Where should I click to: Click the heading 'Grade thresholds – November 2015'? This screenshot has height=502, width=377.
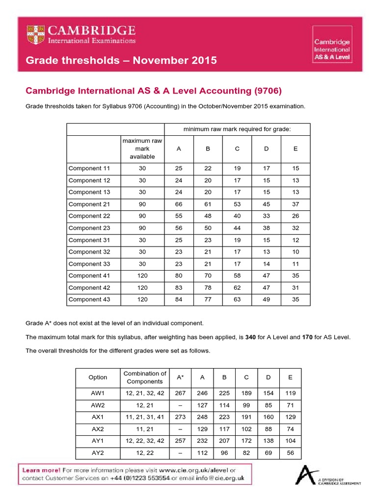click(121, 61)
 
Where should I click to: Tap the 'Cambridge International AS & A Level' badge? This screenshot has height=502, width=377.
click(332, 50)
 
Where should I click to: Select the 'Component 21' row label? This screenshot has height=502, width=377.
click(89, 204)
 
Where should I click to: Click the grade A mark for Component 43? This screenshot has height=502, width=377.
click(179, 299)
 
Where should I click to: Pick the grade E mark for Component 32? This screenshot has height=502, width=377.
click(295, 251)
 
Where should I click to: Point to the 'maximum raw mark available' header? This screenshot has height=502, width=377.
click(142, 149)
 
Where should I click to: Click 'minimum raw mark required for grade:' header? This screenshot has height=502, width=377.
click(237, 129)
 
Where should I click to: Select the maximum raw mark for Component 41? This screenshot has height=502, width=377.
click(142, 276)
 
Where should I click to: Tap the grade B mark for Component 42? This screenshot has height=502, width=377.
click(208, 287)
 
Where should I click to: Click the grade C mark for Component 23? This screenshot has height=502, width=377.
click(237, 228)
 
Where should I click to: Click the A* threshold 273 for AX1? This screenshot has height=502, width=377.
click(180, 417)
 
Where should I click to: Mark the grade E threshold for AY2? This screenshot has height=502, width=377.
click(290, 452)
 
